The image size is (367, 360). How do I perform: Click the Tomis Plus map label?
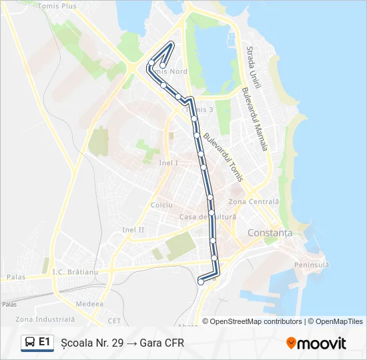(58, 6)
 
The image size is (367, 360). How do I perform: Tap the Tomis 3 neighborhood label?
(202, 109)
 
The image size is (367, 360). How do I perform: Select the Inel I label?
(168, 163)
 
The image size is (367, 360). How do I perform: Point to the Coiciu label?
(161, 205)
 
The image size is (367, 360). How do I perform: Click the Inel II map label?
(133, 230)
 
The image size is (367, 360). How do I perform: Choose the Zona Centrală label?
(254, 201)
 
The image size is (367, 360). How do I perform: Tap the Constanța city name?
(270, 233)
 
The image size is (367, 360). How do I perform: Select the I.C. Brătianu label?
(75, 272)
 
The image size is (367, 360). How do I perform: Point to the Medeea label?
(89, 303)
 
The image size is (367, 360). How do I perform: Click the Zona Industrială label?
(45, 319)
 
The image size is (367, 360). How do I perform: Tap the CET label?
(114, 320)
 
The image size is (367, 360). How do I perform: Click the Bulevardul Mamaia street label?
(256, 119)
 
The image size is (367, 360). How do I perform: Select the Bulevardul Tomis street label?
(220, 151)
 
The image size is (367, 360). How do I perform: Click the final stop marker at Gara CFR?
(201, 282)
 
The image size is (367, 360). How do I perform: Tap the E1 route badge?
(37, 342)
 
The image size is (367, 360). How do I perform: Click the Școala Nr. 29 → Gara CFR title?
(122, 343)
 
